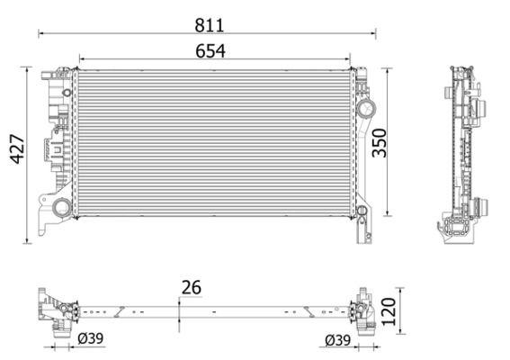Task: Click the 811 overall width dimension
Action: click(x=210, y=25)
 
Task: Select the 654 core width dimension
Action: click(x=210, y=51)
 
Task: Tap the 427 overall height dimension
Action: click(x=18, y=148)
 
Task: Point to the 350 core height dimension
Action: click(x=380, y=143)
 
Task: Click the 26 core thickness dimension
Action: click(x=192, y=287)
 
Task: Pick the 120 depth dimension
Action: click(x=389, y=311)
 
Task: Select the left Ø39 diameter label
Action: click(x=91, y=338)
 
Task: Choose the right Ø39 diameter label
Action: click(x=338, y=340)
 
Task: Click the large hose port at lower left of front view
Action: click(x=62, y=207)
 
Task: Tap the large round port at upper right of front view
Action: click(x=367, y=108)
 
